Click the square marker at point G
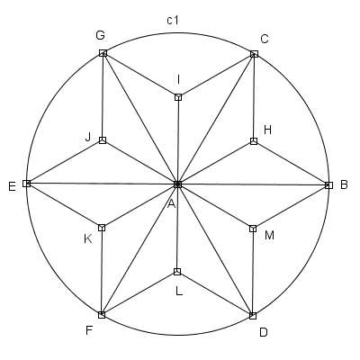point(103,53)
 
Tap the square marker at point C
point(254,54)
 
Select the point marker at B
point(329,185)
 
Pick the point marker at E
point(27,184)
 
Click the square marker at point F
point(102,315)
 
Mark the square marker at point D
point(253,316)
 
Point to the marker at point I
point(178,97)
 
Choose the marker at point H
point(254,141)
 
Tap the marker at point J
point(103,140)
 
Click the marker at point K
point(102,228)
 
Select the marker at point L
point(177,272)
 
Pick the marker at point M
point(253,229)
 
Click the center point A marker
point(178,184)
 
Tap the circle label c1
point(173,20)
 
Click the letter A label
point(171,204)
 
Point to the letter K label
point(88,239)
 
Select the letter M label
point(270,236)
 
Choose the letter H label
point(267,130)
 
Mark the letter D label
point(264,332)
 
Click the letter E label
point(12,187)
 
